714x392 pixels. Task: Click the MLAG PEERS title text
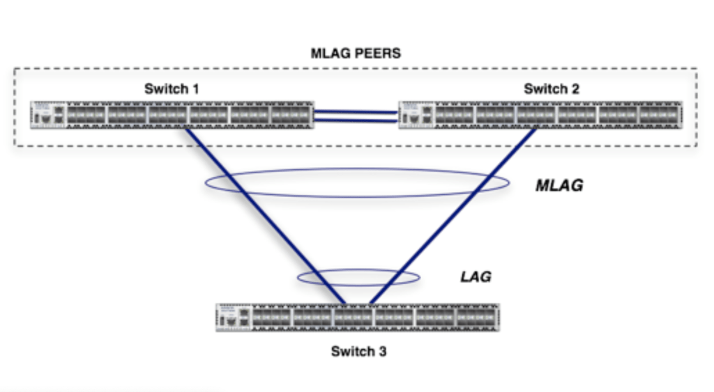(x=356, y=53)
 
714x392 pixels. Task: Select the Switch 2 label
(x=552, y=88)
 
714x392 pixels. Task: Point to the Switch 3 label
(x=358, y=351)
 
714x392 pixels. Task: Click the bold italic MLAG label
(x=559, y=186)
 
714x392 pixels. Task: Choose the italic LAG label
(x=476, y=276)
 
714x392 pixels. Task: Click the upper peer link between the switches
(x=356, y=111)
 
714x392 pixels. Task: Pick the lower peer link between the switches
(x=356, y=120)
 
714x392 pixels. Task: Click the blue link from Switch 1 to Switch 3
(x=265, y=216)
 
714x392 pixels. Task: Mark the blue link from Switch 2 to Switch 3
(x=453, y=216)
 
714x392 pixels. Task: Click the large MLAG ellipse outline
(x=357, y=168)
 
